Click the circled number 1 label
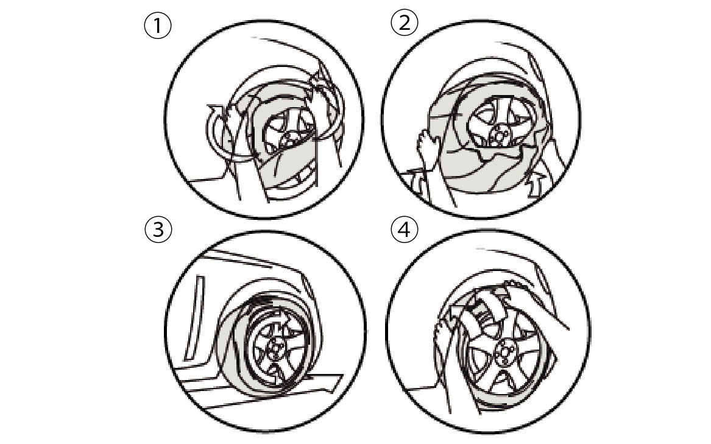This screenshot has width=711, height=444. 157,25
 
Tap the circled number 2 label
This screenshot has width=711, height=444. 403,23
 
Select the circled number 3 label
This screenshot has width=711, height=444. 158,230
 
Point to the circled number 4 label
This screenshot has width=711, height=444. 403,230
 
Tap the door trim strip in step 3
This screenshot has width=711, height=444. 195,317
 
